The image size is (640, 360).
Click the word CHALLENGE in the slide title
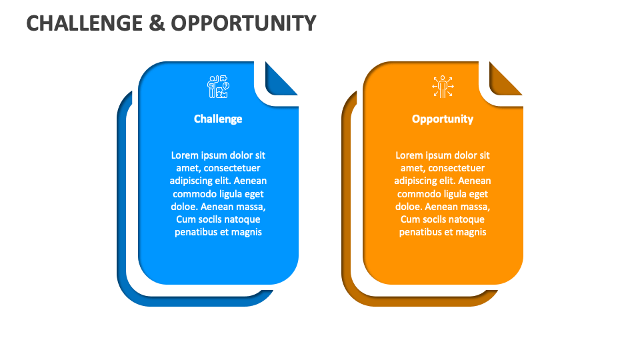[84, 23]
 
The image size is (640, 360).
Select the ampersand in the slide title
[157, 23]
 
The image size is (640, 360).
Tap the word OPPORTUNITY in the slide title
[243, 23]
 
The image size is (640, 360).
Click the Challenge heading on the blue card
[218, 119]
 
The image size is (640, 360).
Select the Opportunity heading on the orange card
[443, 119]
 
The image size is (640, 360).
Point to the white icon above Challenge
[218, 87]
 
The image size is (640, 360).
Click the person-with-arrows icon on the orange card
[443, 87]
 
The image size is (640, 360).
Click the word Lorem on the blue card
[185, 155]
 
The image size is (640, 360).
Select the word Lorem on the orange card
[409, 155]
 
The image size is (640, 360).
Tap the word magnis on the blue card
[247, 232]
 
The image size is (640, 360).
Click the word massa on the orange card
[474, 207]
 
